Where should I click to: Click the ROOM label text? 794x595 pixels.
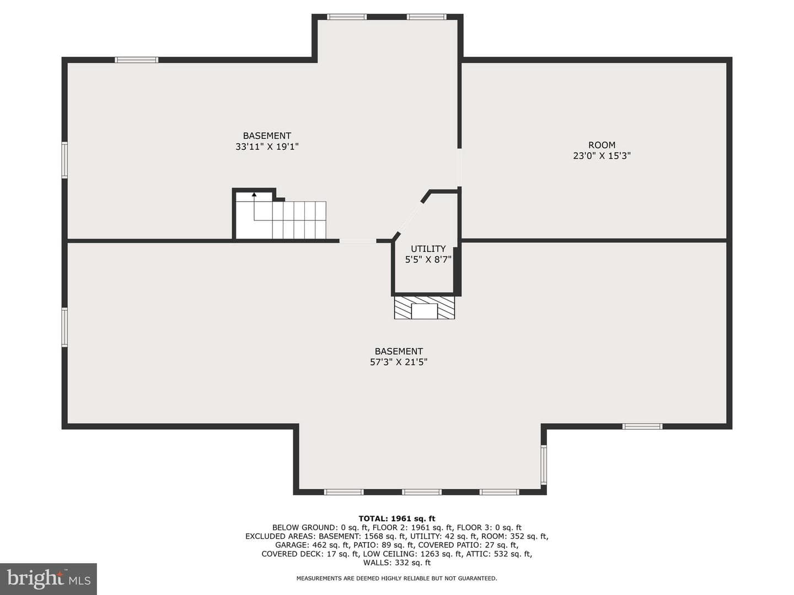[602, 145]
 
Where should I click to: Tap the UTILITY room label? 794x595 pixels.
[428, 248]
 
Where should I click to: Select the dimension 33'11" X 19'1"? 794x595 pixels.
[267, 147]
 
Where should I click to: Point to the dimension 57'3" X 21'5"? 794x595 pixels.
[399, 362]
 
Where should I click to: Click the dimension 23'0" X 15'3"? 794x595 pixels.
[602, 156]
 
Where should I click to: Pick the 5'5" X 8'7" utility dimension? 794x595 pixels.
[428, 259]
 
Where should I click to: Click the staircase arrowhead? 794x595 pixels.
[254, 194]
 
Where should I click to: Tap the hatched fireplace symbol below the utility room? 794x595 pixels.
[425, 308]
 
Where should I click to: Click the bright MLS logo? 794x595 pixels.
[49, 579]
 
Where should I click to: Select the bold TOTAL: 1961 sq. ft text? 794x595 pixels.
[397, 519]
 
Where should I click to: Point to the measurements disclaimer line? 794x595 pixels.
[397, 578]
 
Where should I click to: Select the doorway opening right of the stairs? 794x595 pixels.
[358, 241]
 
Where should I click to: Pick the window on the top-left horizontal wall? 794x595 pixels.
[136, 60]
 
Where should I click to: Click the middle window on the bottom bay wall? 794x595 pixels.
[422, 492]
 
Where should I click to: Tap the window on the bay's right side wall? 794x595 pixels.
[544, 464]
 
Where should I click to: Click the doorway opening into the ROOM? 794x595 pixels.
[459, 167]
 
